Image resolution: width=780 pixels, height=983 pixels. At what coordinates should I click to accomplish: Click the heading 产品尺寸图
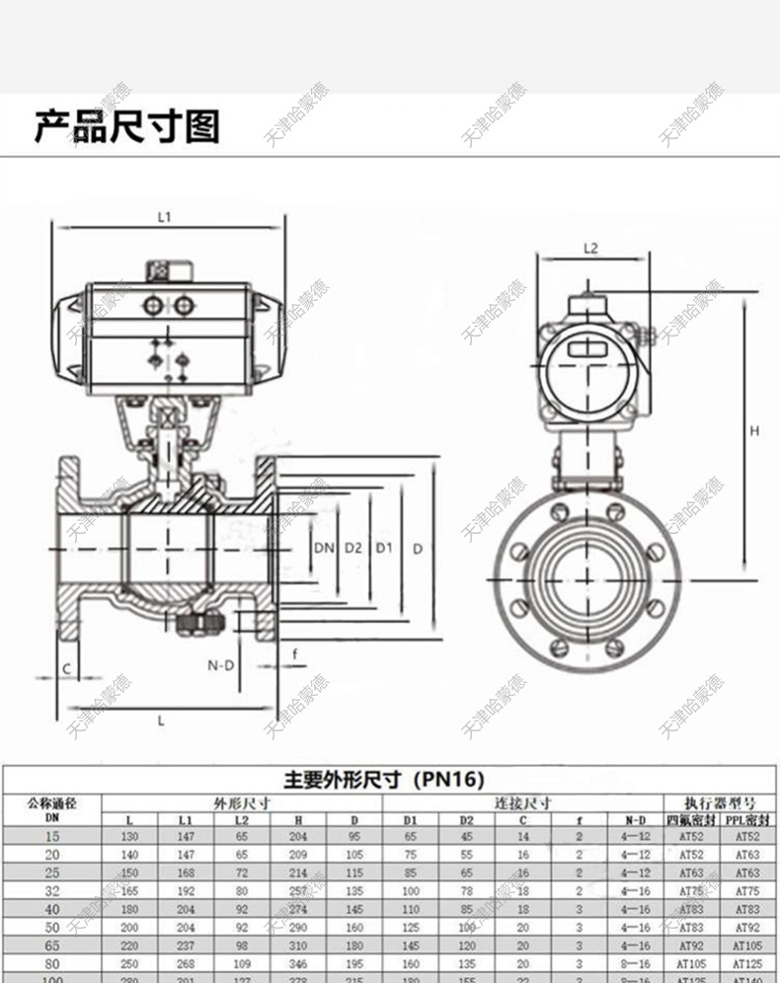126,127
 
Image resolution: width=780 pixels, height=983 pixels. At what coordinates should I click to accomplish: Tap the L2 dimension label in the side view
590,249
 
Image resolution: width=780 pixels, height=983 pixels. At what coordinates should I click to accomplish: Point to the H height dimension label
753,431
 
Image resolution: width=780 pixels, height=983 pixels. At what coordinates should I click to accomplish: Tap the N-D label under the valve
220,665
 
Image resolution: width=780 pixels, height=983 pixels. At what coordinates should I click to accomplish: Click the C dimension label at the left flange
65,668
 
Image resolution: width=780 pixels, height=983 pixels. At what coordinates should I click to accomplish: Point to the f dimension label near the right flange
293,653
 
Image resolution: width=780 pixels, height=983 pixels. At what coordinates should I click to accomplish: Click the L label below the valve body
162,720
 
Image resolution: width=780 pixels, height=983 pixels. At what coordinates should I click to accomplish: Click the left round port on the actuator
153,306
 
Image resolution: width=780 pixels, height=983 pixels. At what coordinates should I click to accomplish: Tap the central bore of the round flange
589,573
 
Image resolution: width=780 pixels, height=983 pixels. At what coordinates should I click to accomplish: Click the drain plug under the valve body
196,623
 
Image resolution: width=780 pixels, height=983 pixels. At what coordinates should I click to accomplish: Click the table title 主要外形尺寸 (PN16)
384,780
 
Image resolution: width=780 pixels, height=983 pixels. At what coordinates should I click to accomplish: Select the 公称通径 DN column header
51,808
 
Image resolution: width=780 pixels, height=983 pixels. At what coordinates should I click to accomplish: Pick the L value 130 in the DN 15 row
130,837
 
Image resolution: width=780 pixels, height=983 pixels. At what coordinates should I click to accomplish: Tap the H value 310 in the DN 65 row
297,945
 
